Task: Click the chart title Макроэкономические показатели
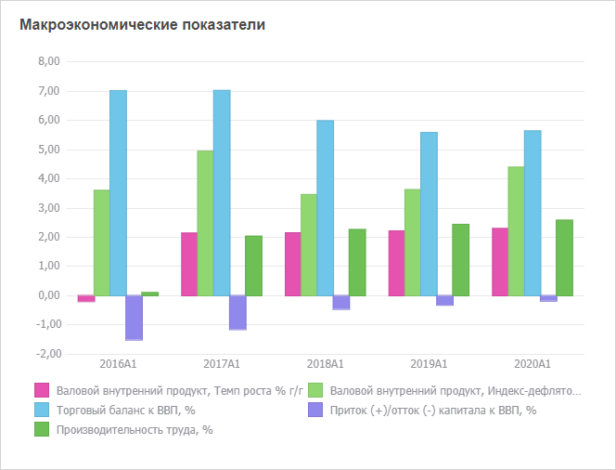coord(142,25)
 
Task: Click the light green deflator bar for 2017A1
coord(205,223)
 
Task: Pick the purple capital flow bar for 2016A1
coord(135,318)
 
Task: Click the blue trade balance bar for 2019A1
coord(429,214)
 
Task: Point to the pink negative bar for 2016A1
coord(85,298)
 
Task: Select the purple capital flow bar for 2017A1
coord(238,312)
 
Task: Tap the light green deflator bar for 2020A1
coord(516,230)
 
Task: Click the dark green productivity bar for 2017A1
coord(254,266)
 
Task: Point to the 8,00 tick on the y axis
coord(47,62)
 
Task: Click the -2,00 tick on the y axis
coord(46,354)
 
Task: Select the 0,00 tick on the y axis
coord(47,295)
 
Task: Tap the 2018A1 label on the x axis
coord(325,363)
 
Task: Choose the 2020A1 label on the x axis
coord(532,363)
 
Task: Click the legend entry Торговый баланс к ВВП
coord(125,410)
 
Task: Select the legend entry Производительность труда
coord(135,429)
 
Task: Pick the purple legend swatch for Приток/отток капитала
coord(315,410)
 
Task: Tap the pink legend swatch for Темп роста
coord(41,390)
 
